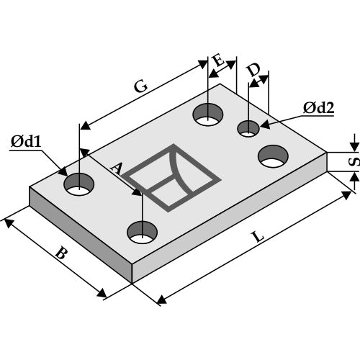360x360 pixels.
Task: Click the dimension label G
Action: tap(140, 86)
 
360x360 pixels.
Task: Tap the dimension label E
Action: tap(218, 60)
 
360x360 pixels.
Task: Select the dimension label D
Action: tap(253, 70)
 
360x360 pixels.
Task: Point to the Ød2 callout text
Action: tap(318, 108)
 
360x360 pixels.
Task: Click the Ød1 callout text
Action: tap(26, 141)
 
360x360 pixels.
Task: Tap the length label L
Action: tap(258, 237)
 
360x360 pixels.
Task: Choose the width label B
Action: tap(60, 253)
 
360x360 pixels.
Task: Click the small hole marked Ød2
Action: tap(248, 129)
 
